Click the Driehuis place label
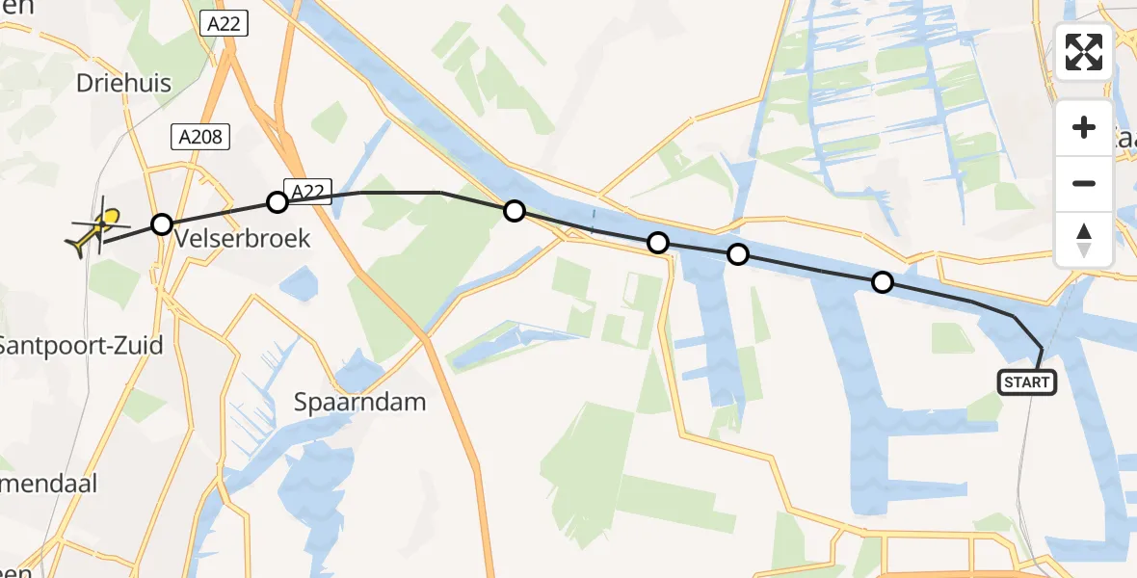123,84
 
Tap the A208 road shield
200,138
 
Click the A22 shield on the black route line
307,192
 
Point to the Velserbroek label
243,238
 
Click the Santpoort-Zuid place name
80,345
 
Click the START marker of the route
1027,382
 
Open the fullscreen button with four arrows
1084,52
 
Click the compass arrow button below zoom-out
1084,239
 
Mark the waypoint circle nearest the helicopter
162,224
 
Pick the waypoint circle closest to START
882,282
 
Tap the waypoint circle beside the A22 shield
278,202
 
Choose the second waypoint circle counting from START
737,254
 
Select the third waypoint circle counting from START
658,243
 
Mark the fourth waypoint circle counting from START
515,211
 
